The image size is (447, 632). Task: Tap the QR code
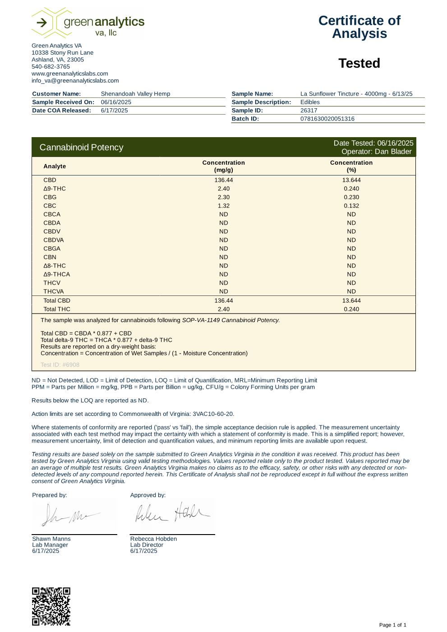pyautogui.click(x=51, y=606)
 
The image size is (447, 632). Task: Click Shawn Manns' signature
pyautogui.click(x=70, y=516)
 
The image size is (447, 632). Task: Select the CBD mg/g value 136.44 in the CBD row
pyautogui.click(x=223, y=180)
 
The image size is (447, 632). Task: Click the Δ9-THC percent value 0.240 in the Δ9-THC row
pyautogui.click(x=351, y=189)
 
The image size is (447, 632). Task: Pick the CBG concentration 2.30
pyautogui.click(x=223, y=197)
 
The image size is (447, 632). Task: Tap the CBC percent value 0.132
pyautogui.click(x=351, y=206)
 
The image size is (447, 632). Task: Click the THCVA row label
pyautogui.click(x=53, y=291)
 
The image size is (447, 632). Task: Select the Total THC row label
pyautogui.click(x=57, y=309)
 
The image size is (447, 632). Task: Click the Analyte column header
pyautogui.click(x=55, y=166)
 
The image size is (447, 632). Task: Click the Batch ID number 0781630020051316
pyautogui.click(x=327, y=119)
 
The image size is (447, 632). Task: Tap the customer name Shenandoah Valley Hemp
pyautogui.click(x=135, y=94)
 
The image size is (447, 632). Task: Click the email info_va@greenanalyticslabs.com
pyautogui.click(x=75, y=81)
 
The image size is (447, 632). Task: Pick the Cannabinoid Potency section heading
pyautogui.click(x=81, y=148)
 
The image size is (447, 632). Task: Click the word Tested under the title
pyautogui.click(x=359, y=64)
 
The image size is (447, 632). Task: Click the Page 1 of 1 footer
pyautogui.click(x=392, y=625)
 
